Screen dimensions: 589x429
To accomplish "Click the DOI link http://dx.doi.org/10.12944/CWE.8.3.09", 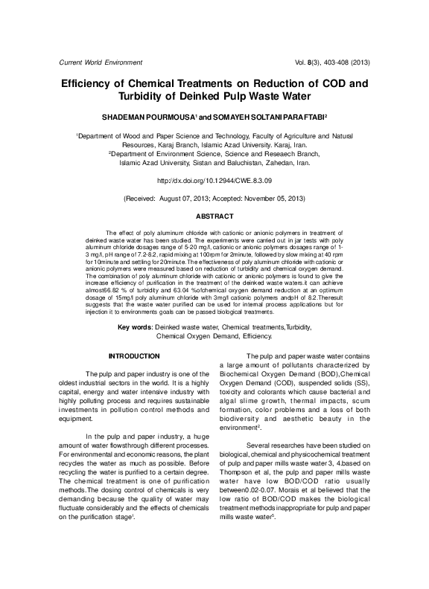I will pos(214,180).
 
